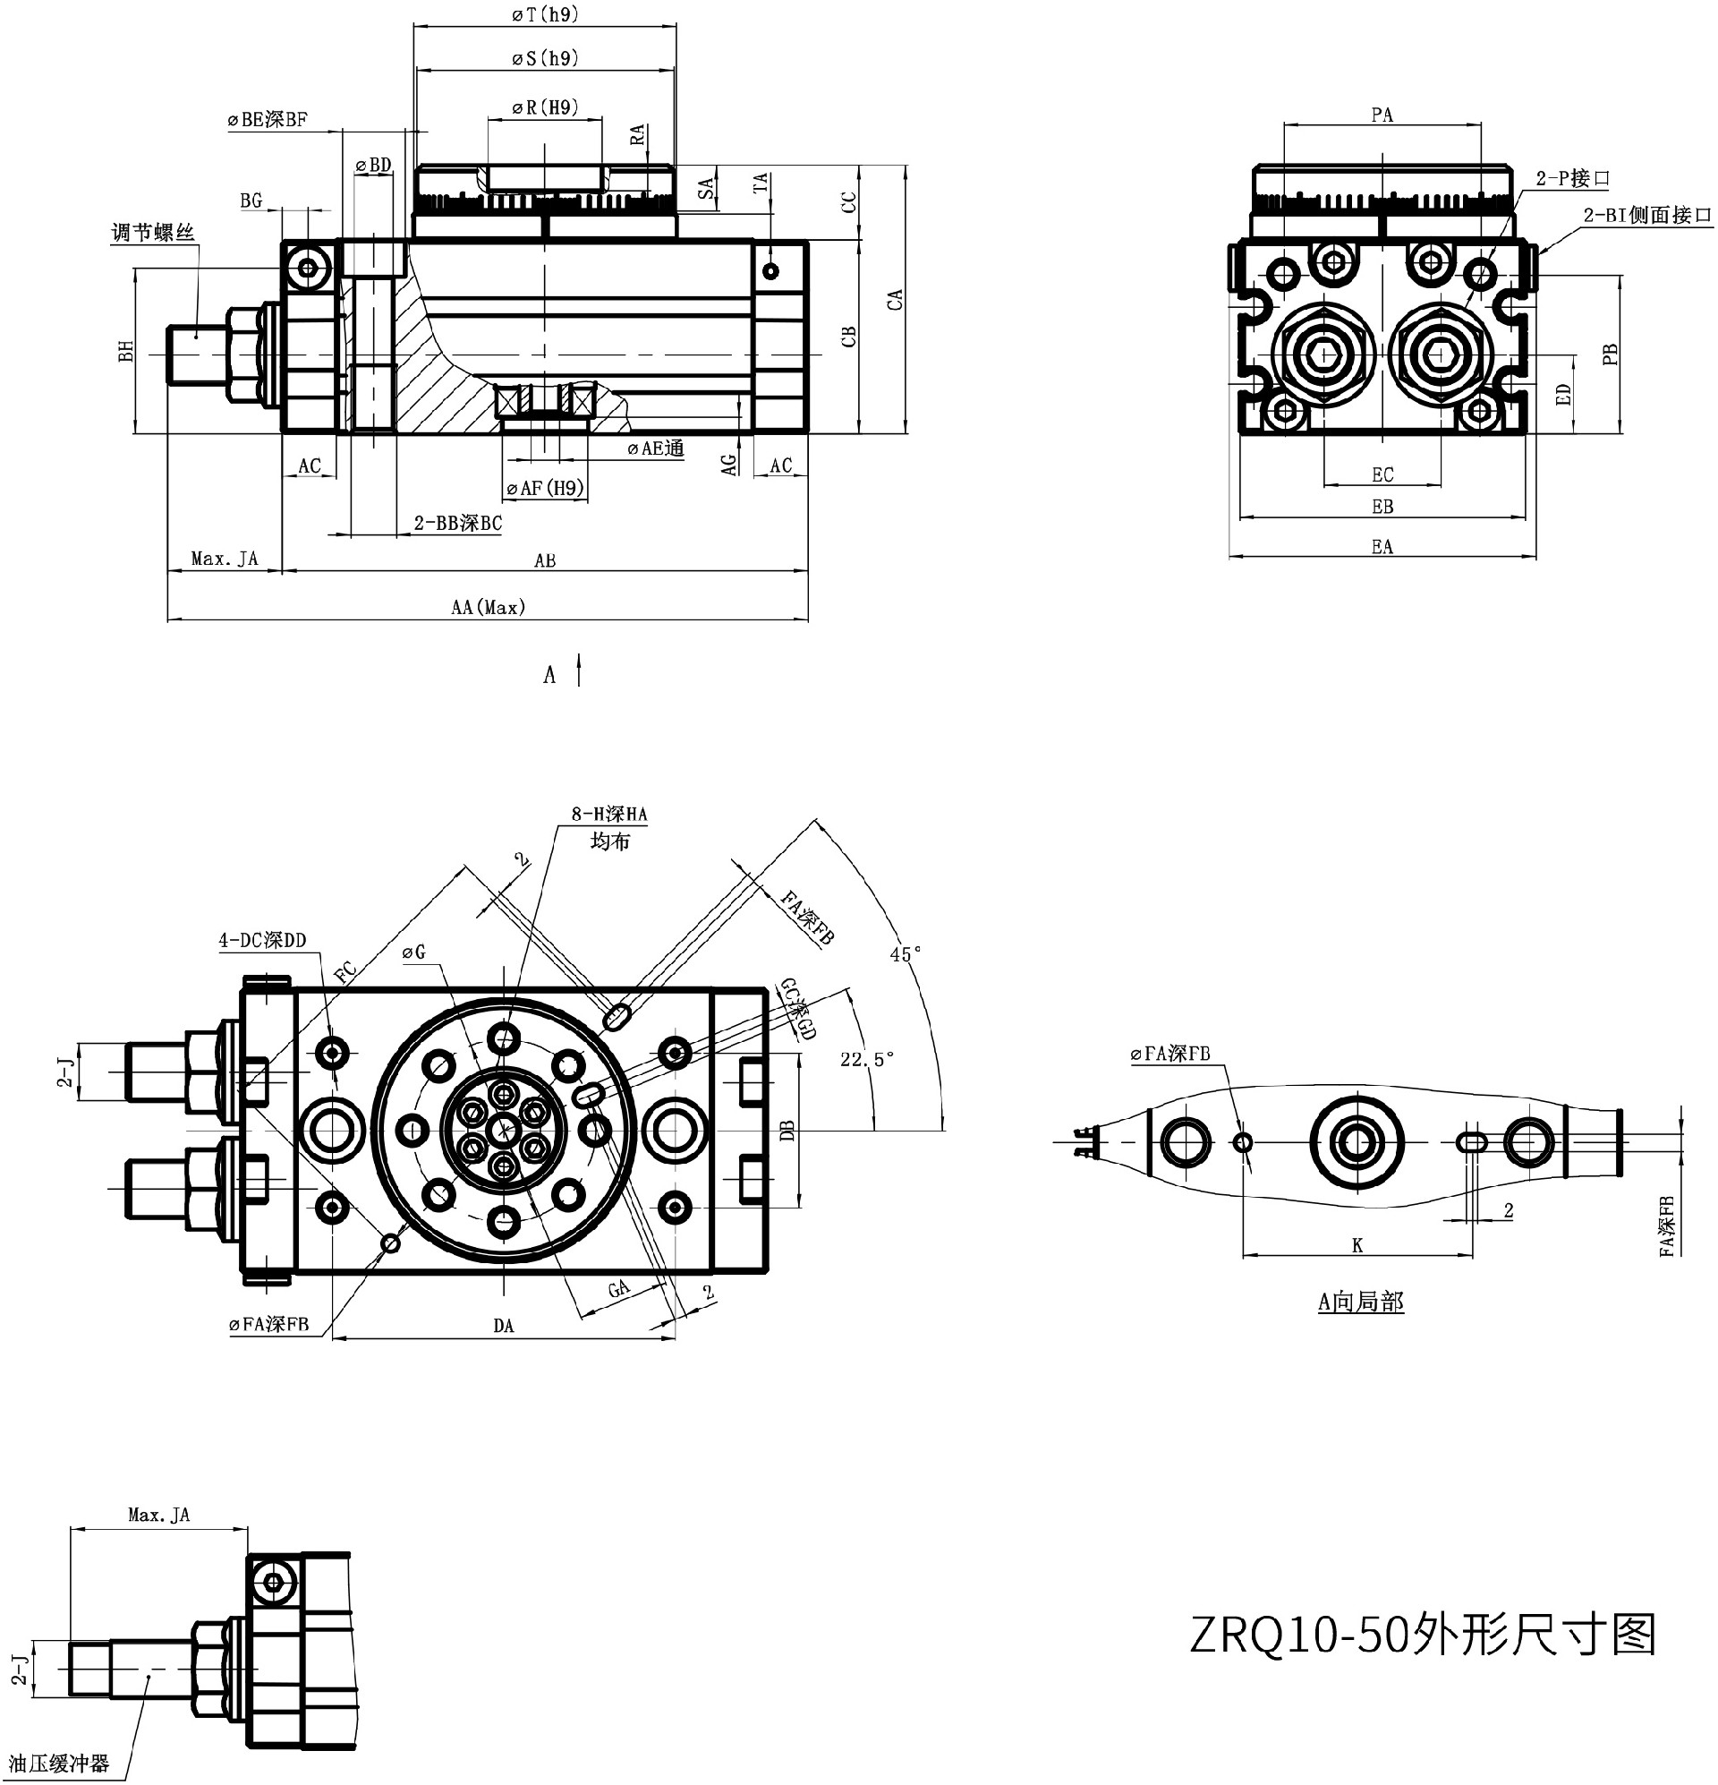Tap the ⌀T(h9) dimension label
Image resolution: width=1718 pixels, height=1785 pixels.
click(x=544, y=14)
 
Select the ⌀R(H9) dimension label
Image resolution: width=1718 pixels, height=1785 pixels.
click(x=544, y=107)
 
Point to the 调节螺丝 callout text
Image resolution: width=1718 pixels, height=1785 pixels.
click(x=153, y=233)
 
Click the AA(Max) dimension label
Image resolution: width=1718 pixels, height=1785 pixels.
click(x=488, y=608)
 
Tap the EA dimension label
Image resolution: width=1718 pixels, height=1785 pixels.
click(x=1382, y=546)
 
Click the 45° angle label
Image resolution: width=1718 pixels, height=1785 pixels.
click(x=905, y=954)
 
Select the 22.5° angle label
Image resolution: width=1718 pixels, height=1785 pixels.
click(x=867, y=1059)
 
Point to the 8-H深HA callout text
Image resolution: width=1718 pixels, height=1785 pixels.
click(x=609, y=815)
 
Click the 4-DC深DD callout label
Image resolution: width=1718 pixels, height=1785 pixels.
click(x=262, y=941)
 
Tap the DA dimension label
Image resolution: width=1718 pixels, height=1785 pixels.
click(x=504, y=1326)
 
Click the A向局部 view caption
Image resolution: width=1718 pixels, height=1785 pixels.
click(x=1360, y=1302)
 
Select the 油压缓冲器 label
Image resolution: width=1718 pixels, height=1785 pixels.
click(x=59, y=1764)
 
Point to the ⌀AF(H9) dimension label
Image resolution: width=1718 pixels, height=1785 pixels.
click(x=544, y=489)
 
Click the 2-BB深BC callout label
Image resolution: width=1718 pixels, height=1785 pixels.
click(x=457, y=524)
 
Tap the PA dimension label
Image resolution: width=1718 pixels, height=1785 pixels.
click(x=1382, y=115)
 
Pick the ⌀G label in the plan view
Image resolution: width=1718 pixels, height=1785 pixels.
click(x=413, y=952)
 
